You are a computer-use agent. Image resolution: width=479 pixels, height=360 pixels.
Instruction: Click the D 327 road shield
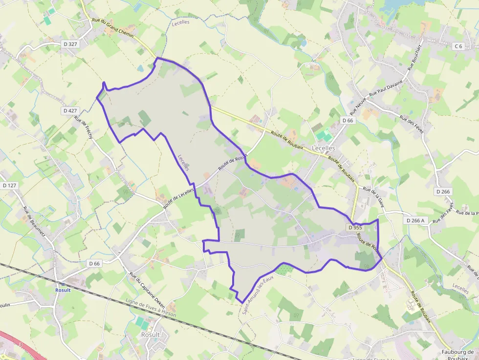(70, 44)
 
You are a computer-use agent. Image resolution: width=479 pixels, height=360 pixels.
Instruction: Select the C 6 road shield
(458, 46)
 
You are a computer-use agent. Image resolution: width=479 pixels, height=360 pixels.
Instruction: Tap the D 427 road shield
(70, 111)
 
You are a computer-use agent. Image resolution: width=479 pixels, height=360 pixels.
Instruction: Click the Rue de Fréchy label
(84, 127)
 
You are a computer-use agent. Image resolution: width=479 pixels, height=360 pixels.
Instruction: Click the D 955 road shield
(355, 228)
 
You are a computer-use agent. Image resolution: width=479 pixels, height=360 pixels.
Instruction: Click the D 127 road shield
(9, 185)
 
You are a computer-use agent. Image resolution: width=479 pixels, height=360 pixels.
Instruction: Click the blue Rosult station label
(63, 290)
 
